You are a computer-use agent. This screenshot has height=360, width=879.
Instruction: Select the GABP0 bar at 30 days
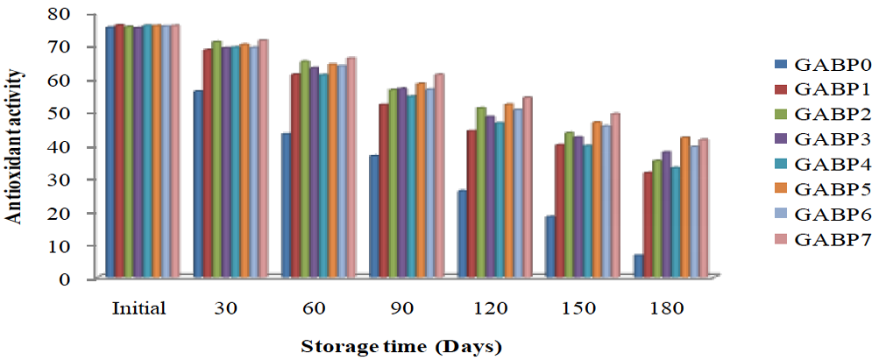point(198,183)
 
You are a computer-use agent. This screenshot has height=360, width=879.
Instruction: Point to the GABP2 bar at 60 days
point(305,168)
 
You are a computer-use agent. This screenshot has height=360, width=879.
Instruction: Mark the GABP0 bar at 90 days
point(374,215)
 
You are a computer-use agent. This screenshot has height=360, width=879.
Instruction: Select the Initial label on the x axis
point(138,309)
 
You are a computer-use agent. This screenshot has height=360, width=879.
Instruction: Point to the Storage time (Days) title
point(401,346)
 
